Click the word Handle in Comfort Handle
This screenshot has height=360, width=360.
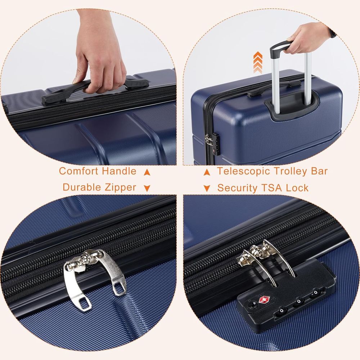pos(119,171)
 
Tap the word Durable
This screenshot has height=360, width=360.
pos(79,187)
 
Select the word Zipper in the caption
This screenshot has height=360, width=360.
pos(118,188)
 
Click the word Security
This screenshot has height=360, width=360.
pos(237,188)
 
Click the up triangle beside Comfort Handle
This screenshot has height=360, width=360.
pos(147,172)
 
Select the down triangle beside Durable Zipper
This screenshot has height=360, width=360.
pos(147,188)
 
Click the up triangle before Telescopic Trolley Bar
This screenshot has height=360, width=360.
pos(207,172)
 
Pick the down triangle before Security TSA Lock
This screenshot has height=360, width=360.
pos(207,188)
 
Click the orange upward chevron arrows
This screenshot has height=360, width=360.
pos(258,62)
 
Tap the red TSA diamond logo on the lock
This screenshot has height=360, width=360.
pos(264,300)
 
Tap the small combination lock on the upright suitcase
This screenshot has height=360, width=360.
pos(215,144)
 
